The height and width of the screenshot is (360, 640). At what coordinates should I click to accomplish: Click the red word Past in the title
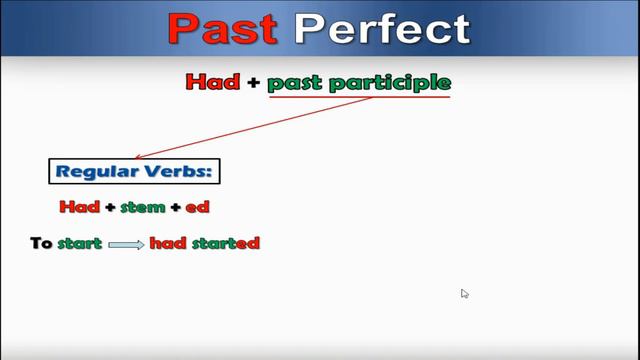point(222,29)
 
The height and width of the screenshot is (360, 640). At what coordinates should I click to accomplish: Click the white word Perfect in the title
point(382,29)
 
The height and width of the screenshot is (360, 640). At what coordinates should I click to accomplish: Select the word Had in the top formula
point(212,82)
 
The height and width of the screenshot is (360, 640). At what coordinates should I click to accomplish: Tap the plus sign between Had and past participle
point(253,82)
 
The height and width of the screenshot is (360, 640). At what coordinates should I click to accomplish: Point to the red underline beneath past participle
point(359,97)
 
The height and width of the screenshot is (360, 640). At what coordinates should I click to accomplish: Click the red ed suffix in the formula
point(197,207)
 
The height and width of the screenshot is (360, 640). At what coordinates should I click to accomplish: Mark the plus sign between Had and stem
point(110,207)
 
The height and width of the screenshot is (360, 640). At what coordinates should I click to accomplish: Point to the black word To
point(41,243)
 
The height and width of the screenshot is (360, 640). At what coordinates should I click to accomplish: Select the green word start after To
point(80,243)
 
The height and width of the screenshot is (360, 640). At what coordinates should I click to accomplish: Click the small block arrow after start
point(126,244)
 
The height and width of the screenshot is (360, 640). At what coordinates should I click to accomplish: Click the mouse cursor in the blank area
point(465,294)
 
